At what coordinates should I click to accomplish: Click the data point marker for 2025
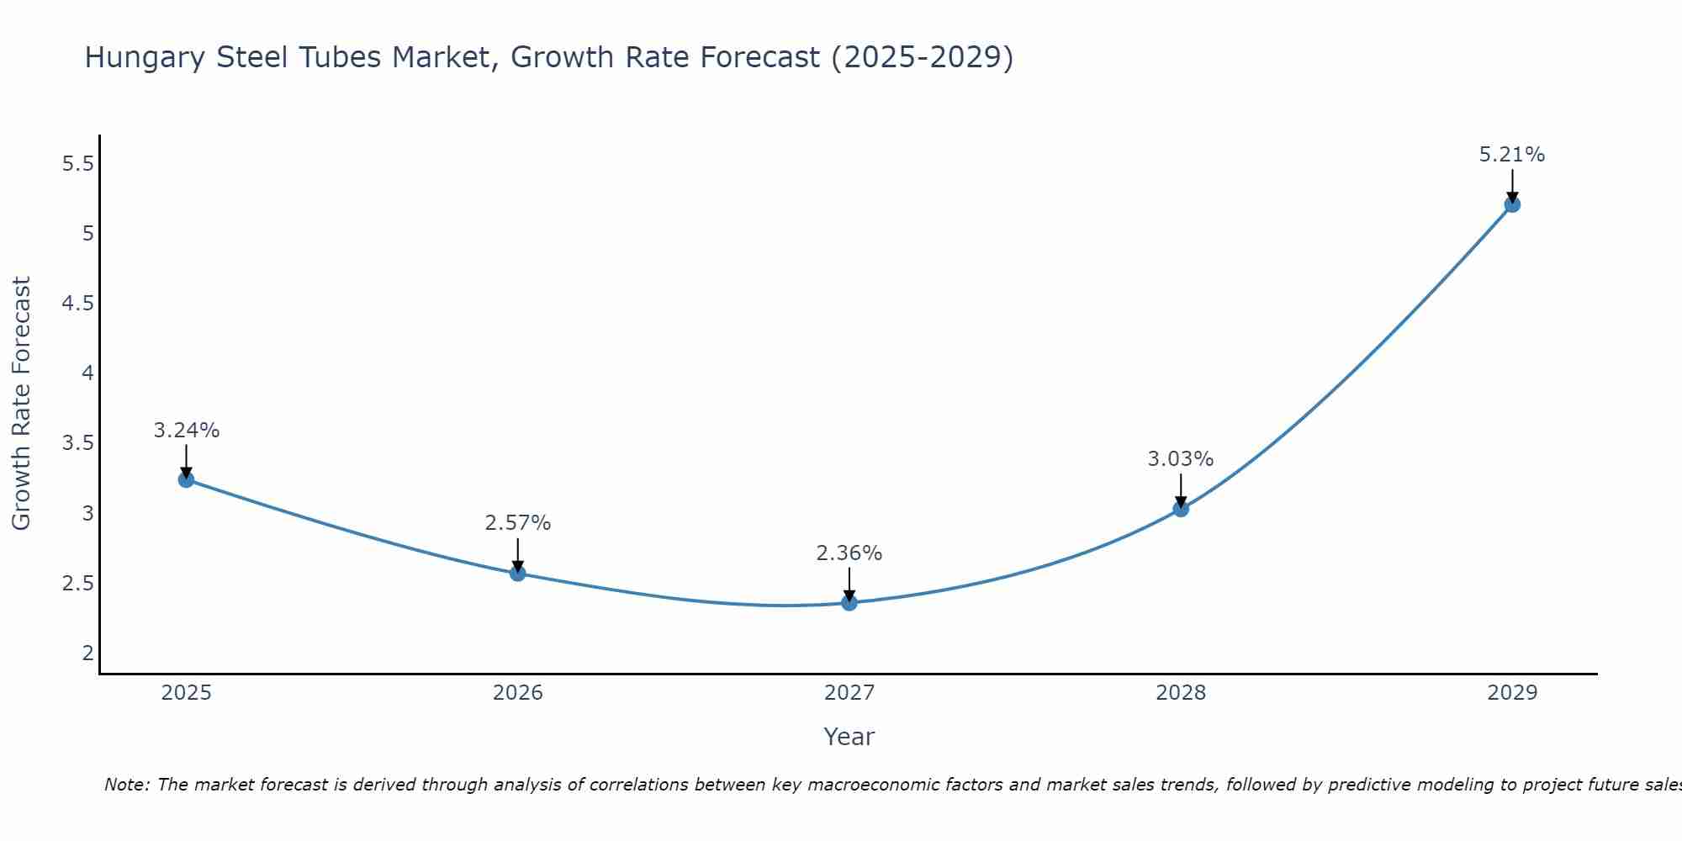point(186,479)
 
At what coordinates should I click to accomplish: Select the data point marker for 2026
point(517,574)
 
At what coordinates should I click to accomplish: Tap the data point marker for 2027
point(849,602)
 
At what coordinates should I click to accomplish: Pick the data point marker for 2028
point(1180,509)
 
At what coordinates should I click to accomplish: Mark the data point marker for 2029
point(1511,204)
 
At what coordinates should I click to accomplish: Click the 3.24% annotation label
point(186,431)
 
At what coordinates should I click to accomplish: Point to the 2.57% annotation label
point(517,523)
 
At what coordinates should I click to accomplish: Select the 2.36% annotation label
point(849,553)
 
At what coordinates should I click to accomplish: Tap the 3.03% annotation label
point(1180,459)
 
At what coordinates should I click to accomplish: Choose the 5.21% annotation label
point(1511,155)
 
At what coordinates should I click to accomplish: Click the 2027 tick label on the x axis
point(849,693)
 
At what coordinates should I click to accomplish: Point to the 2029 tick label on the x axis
point(1511,693)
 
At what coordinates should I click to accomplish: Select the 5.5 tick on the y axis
point(77,164)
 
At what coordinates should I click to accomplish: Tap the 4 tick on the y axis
point(87,373)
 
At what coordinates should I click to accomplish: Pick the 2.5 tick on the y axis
point(77,583)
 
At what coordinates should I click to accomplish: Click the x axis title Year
point(849,737)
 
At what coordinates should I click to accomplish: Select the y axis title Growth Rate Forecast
point(21,403)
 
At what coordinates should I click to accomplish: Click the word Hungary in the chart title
point(145,58)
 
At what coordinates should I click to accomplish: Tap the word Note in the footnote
point(126,785)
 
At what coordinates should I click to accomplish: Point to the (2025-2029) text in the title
point(922,58)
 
